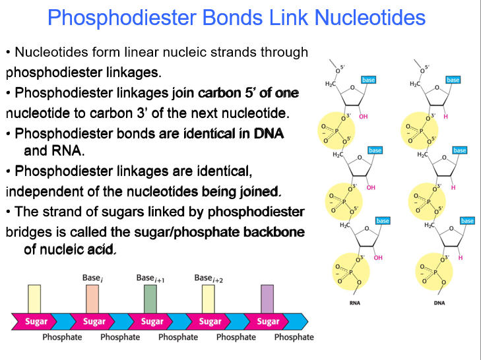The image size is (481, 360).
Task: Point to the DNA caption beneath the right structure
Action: click(x=439, y=303)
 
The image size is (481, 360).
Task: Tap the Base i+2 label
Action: click(x=208, y=278)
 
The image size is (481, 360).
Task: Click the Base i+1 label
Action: click(x=150, y=278)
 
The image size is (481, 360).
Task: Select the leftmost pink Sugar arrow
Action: click(x=36, y=321)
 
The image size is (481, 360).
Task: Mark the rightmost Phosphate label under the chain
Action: click(x=294, y=337)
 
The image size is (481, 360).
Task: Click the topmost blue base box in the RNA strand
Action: click(x=368, y=80)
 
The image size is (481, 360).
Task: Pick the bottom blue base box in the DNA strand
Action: click(x=467, y=220)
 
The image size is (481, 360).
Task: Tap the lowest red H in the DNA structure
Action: click(x=460, y=257)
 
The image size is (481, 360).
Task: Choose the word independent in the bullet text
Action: click(x=39, y=192)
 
